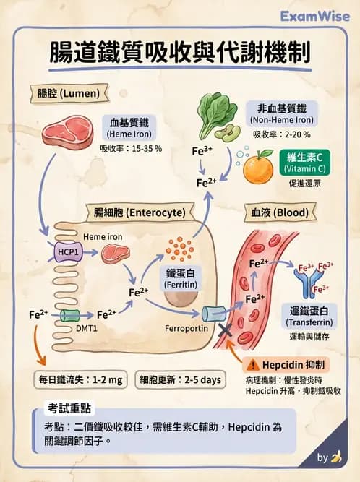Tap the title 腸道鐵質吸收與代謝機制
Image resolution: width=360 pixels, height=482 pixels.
(180, 52)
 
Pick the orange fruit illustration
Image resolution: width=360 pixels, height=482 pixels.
(257, 168)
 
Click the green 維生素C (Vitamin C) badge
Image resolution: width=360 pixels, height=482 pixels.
(306, 163)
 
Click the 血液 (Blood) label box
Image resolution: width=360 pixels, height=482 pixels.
(279, 213)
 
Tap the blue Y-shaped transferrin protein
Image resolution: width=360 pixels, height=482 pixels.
(310, 278)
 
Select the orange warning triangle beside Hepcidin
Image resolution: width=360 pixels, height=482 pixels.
(253, 365)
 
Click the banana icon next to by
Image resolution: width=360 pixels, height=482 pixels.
(335, 457)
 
